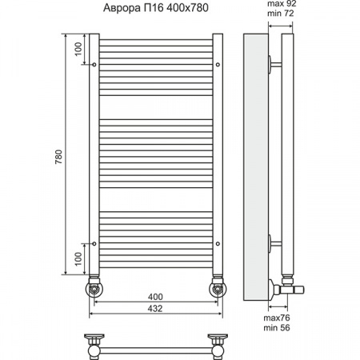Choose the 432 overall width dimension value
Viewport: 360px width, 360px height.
155,308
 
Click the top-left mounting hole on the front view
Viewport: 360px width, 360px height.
95,63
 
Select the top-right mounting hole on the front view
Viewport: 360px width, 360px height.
216,63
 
